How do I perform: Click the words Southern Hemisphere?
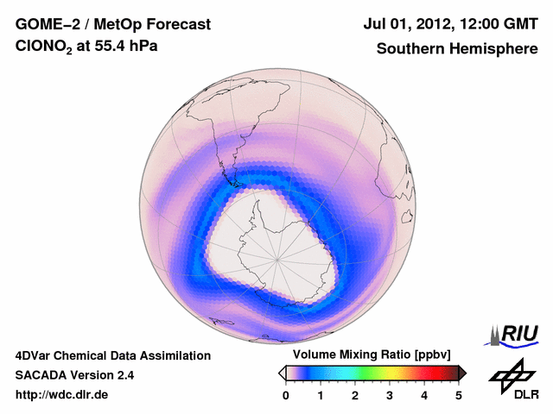pos(457,49)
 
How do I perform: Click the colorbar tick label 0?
pos(286,395)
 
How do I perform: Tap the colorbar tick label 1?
pos(321,395)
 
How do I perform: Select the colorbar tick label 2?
pos(355,395)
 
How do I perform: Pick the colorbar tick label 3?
pos(390,395)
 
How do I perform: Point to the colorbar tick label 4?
pos(424,395)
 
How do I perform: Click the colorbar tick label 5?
pos(459,395)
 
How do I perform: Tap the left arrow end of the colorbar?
pos(282,373)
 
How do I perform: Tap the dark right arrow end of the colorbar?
pos(463,373)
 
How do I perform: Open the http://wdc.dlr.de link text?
pos(62,395)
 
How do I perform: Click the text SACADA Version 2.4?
pos(74,375)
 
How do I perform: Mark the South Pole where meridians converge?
pos(278,258)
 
